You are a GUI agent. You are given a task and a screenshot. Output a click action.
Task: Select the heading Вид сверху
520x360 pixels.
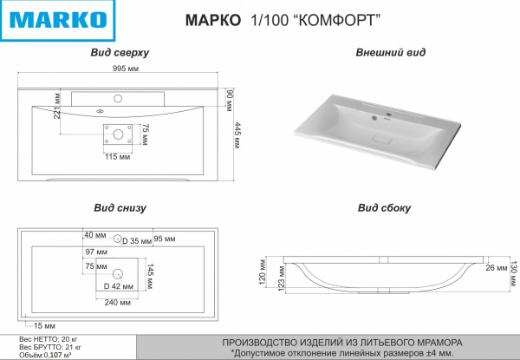click(x=120, y=53)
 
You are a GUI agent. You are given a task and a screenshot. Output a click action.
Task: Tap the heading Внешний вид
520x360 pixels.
click(x=390, y=53)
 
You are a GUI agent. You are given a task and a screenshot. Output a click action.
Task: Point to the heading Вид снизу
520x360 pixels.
click(x=120, y=208)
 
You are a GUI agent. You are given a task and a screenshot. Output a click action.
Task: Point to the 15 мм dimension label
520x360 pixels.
click(x=32, y=324)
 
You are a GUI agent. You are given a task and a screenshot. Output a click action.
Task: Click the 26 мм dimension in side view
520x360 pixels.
click(x=497, y=267)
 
